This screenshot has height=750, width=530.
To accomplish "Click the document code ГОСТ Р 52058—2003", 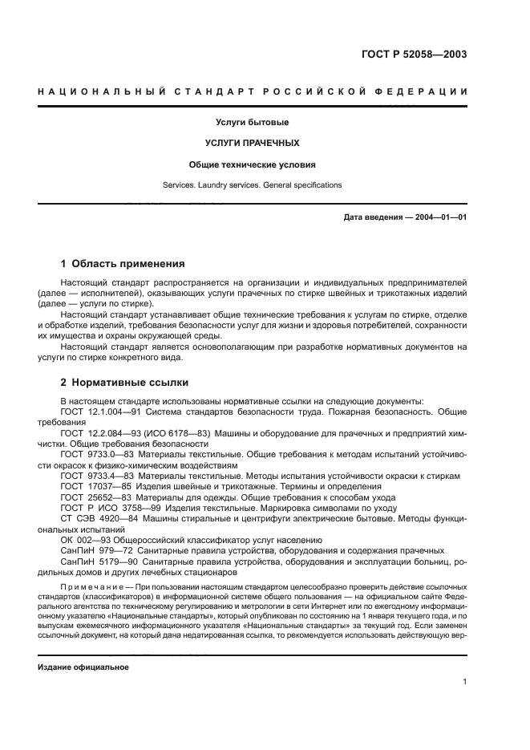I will (x=419, y=55).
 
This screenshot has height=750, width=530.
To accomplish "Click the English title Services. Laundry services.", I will (x=252, y=185).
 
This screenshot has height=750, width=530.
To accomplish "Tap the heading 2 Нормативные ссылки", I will (x=125, y=383).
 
